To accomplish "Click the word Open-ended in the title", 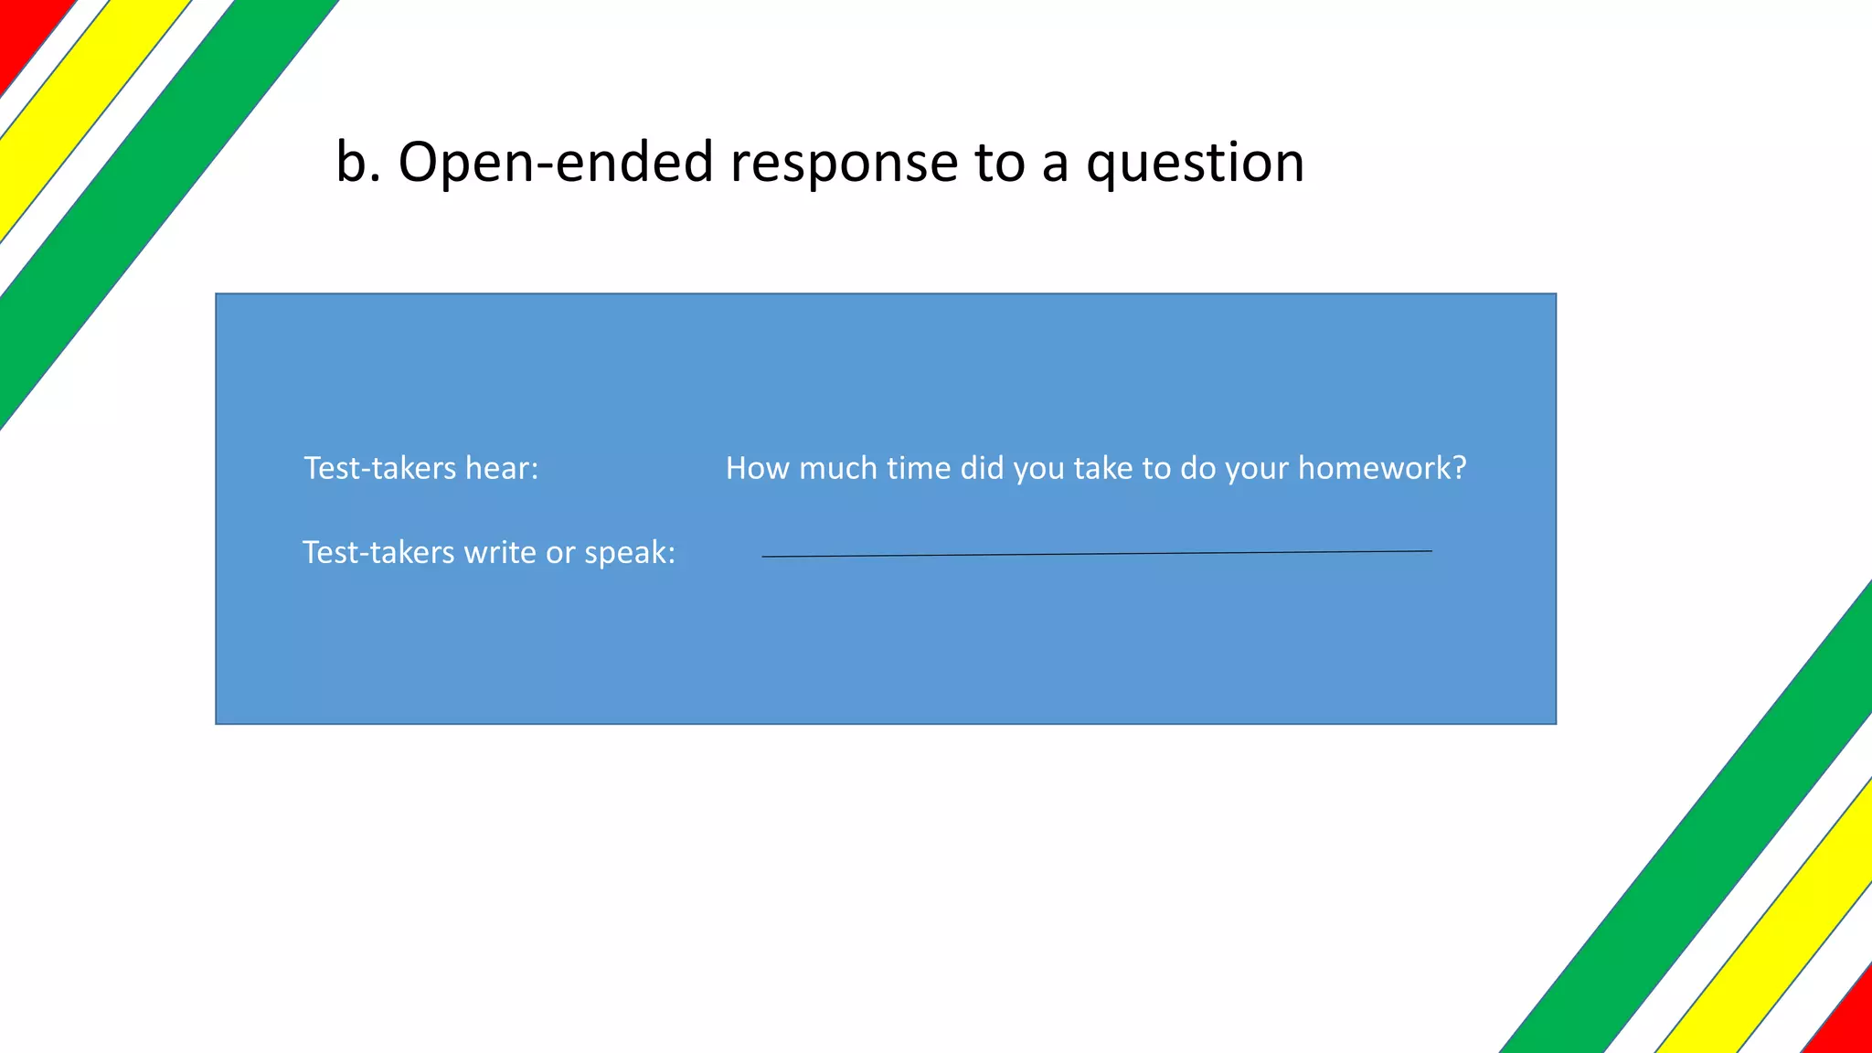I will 555,163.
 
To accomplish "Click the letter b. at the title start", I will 357,163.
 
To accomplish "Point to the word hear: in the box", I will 502,468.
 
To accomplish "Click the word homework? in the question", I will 1381,468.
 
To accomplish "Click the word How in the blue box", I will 757,468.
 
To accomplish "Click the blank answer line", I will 1097,554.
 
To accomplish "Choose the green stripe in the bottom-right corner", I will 1718,841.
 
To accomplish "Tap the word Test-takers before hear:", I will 379,468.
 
